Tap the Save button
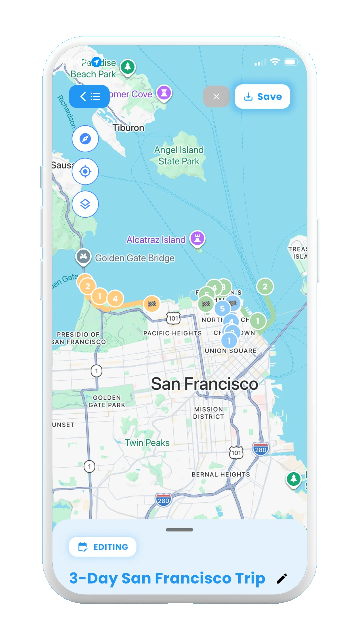(262, 97)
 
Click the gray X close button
(216, 97)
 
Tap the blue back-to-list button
(89, 97)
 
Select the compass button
(85, 139)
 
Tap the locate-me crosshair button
(85, 171)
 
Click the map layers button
(85, 204)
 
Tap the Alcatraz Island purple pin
(197, 238)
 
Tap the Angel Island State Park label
(179, 156)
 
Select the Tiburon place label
(128, 128)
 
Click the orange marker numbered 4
(115, 299)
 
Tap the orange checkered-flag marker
(152, 304)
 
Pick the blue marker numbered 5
(222, 309)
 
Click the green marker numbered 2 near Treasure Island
(265, 287)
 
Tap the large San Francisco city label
(204, 384)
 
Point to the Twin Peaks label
(147, 443)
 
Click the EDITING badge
(103, 547)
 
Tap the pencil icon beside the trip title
(282, 579)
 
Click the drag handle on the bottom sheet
(180, 530)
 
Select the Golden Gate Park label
(107, 401)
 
